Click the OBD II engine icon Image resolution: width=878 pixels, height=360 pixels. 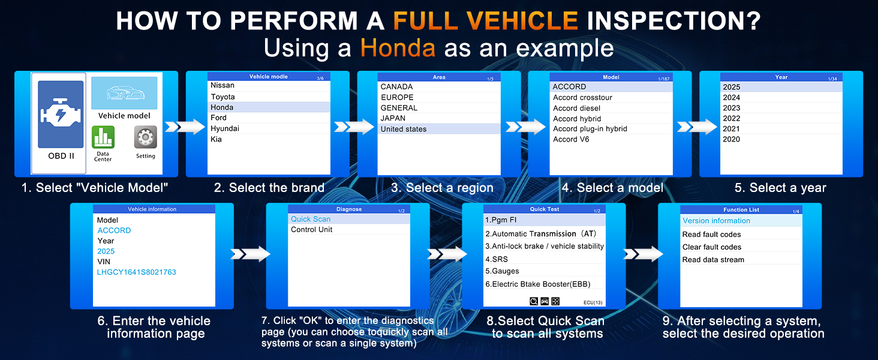(61, 114)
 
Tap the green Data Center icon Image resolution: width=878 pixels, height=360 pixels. (103, 137)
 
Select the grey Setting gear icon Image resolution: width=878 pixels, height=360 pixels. (145, 137)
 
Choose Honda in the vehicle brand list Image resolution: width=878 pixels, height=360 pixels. (222, 107)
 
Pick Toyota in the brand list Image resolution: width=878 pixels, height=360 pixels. (222, 97)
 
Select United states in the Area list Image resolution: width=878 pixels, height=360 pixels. (404, 129)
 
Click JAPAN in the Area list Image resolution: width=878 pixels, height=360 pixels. (393, 118)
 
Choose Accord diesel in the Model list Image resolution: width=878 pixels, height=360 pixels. (576, 108)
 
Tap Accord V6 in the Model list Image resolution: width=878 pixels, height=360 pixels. (571, 139)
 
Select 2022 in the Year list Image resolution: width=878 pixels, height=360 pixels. (732, 118)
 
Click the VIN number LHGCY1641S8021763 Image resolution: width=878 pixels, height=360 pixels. (136, 272)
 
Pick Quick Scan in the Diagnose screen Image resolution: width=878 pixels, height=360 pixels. (311, 219)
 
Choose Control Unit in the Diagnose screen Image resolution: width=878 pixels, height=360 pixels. (311, 229)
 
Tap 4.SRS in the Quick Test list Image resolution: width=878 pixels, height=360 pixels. (496, 259)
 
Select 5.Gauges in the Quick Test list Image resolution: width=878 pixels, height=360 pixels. (502, 271)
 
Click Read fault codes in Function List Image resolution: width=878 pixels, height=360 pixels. (711, 235)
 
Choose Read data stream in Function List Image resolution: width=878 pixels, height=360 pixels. (713, 260)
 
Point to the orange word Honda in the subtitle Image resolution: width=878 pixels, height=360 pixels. (398, 48)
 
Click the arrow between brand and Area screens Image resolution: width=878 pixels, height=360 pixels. (354, 127)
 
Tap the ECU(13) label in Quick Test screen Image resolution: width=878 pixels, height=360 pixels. (593, 302)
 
